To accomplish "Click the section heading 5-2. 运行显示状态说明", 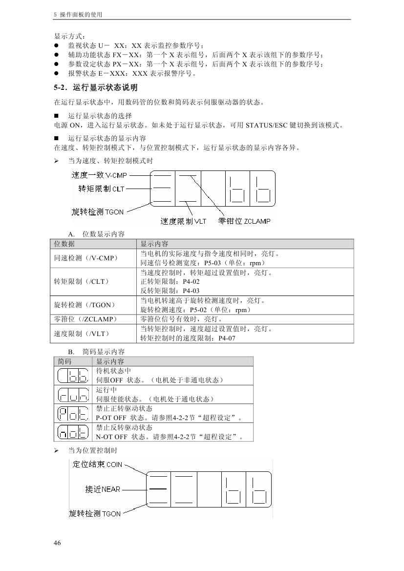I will point(96,88).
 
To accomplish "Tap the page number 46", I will point(57,543).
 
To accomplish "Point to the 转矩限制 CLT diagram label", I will point(102,189).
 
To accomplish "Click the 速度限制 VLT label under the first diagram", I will point(184,221).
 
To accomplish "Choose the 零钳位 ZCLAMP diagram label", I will point(244,221).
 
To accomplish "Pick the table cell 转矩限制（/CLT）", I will point(81,281).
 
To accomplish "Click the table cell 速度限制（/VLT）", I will point(81,334).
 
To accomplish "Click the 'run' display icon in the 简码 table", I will point(73,395).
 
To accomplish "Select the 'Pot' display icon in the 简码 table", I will point(73,413).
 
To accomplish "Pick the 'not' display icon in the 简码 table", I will point(73,432).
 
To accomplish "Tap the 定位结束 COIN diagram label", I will point(97,464).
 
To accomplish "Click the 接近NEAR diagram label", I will point(103,488).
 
